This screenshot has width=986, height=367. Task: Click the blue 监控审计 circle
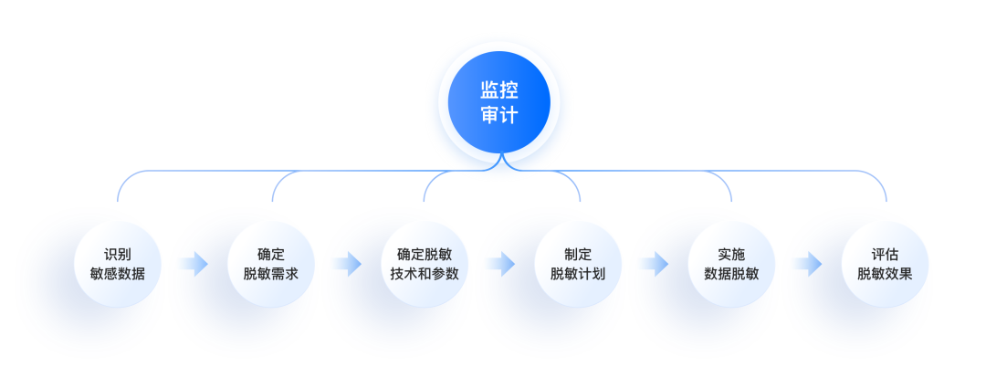(498, 101)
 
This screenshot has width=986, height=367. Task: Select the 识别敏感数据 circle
(118, 264)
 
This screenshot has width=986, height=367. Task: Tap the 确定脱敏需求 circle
(271, 264)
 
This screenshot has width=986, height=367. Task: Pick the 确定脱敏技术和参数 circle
(425, 264)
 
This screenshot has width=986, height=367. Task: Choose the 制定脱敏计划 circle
(578, 264)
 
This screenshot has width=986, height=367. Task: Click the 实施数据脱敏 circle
(731, 264)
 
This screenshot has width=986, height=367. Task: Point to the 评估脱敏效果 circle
(885, 264)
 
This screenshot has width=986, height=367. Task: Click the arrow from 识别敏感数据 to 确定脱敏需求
(194, 265)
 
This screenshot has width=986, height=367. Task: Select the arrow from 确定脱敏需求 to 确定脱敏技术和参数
(347, 265)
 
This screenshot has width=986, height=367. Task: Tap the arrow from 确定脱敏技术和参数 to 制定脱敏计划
(500, 265)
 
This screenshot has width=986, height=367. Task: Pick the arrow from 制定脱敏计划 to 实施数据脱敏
(654, 265)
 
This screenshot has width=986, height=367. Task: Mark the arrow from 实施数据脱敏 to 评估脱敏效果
(807, 265)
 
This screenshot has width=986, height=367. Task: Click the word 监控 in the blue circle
(498, 89)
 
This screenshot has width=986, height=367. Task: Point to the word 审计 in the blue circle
(498, 115)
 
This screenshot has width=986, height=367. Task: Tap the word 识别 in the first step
(118, 255)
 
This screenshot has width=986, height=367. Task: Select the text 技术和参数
(425, 274)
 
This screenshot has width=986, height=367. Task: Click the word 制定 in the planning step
(578, 255)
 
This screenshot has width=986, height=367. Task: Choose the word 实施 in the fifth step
(731, 255)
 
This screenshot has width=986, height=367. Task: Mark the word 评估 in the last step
(885, 255)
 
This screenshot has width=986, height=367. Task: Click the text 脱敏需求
(271, 274)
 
